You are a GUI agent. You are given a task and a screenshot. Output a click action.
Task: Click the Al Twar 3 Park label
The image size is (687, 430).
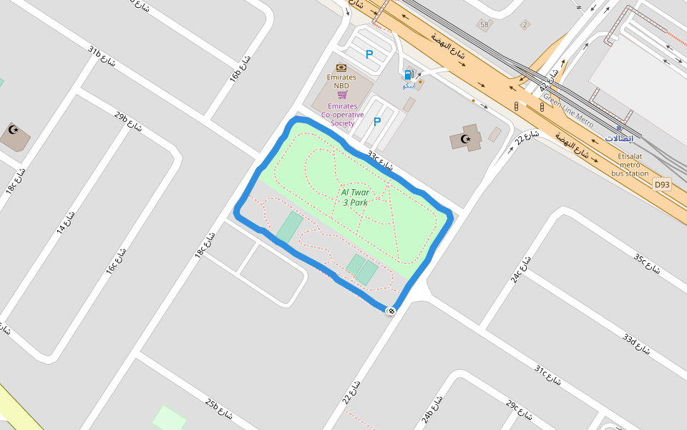pos(354,197)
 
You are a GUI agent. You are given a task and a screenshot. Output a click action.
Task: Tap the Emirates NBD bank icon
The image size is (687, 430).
pos(341,67)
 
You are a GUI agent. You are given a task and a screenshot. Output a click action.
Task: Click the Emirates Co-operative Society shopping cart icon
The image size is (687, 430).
pos(342,95)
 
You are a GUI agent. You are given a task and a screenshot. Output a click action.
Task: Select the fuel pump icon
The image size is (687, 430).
pos(409,74)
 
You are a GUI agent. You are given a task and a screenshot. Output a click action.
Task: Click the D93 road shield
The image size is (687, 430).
pos(663,185)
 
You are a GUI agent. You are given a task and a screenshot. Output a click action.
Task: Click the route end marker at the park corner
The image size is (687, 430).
pos(391,310)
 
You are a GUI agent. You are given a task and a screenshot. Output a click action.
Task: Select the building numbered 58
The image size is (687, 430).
pos(484,25)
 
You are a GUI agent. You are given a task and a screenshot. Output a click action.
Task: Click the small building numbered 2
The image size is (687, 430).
pos(525,25)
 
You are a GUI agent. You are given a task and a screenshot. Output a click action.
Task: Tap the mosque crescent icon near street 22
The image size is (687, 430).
pos(466,138)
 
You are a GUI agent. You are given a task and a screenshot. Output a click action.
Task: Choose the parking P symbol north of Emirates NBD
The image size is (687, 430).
pos(369,54)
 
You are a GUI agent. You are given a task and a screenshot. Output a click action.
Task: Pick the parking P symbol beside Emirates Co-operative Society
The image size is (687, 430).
pos(376,122)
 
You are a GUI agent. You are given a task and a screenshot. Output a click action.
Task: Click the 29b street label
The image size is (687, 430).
pos(128,122)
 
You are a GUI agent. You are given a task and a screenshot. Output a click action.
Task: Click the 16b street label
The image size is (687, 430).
pos(240,68)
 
